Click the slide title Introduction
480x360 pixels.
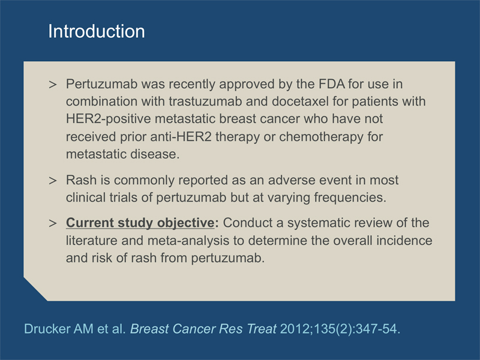coord(97,31)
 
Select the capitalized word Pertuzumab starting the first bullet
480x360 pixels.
coord(102,84)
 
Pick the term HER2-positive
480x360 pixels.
coord(109,119)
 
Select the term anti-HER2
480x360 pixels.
coord(181,137)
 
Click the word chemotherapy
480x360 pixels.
coord(321,137)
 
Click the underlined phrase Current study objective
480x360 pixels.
coord(140,223)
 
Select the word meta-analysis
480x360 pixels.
coord(188,241)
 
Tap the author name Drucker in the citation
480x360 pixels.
coord(47,329)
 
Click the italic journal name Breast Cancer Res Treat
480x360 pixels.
coord(203,329)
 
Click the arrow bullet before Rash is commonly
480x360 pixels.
coord(53,181)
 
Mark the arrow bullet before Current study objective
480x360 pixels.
coord(53,223)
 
